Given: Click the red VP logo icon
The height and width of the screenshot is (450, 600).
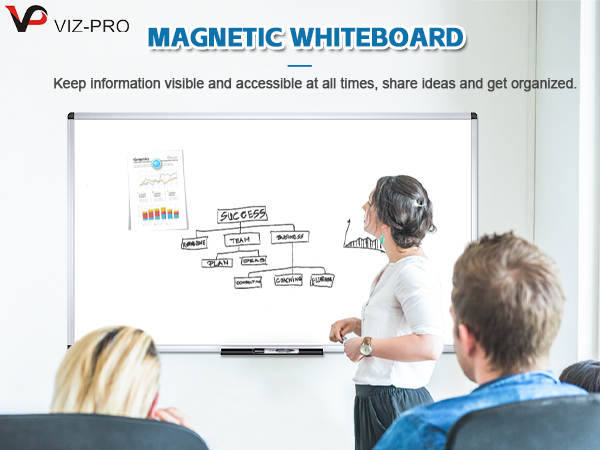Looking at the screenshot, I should [24, 18].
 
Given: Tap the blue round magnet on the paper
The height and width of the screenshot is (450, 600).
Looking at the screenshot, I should [157, 163].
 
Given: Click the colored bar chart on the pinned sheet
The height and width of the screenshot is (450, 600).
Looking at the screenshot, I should [160, 213].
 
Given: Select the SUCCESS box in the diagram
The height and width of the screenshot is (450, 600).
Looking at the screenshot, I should [242, 215].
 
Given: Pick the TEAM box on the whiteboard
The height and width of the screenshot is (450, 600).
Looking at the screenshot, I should [238, 240].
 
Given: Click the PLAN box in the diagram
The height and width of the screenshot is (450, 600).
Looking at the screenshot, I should [217, 262].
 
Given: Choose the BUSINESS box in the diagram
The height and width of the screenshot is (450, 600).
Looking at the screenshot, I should [289, 237].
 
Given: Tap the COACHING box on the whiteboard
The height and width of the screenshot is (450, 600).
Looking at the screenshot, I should [289, 280].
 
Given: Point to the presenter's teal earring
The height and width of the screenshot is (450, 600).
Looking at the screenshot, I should [382, 241].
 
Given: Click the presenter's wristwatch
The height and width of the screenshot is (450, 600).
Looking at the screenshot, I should [366, 346].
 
